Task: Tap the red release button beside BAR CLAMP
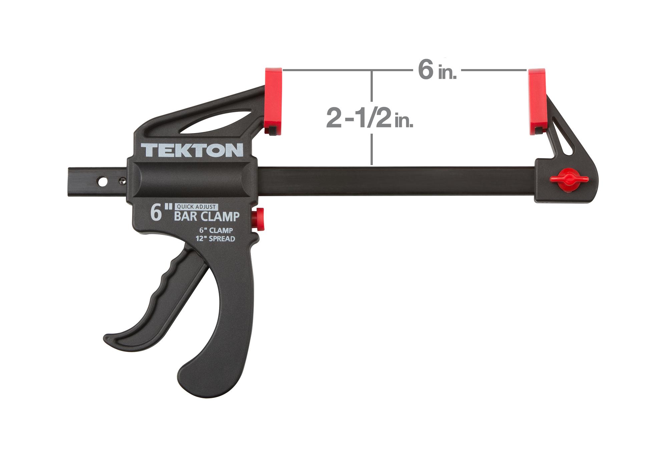pyautogui.click(x=258, y=219)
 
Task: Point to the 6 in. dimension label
pyautogui.click(x=437, y=71)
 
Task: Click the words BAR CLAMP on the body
pyautogui.click(x=207, y=217)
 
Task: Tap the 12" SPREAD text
pyautogui.click(x=215, y=239)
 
